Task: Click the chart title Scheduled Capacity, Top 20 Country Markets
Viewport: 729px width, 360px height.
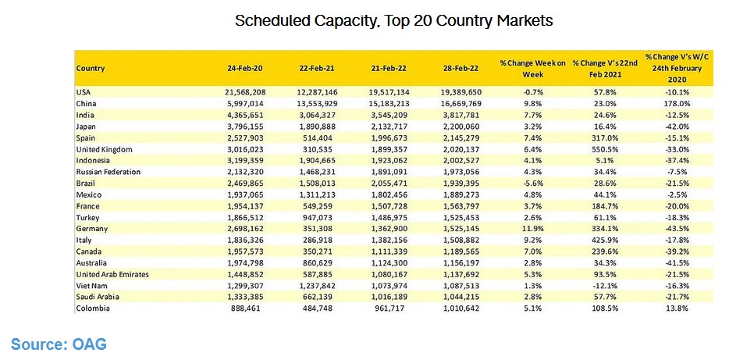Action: click(x=394, y=21)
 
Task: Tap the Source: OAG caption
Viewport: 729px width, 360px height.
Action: click(x=59, y=344)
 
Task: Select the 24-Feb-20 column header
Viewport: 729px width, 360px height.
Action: click(x=246, y=68)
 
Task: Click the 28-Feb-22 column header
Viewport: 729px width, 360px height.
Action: click(x=461, y=68)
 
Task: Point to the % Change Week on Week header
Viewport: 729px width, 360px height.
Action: click(x=532, y=68)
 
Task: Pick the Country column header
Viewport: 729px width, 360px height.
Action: click(x=91, y=68)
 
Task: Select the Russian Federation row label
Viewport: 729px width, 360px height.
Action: click(x=108, y=172)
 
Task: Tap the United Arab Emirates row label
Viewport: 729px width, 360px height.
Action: click(x=112, y=274)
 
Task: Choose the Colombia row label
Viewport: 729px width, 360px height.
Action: click(x=93, y=308)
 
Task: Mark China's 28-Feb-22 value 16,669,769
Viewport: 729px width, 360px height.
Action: click(x=461, y=104)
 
